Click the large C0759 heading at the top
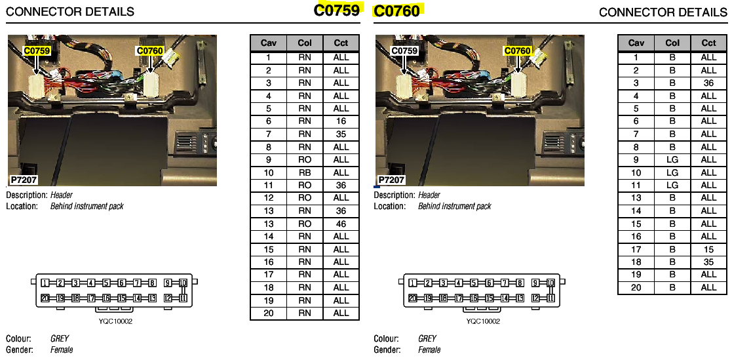coord(337,10)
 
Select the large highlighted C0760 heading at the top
coord(397,10)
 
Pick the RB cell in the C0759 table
coord(304,172)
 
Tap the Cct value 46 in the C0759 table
coord(341,224)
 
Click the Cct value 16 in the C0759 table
coord(341,121)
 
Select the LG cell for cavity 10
coord(672,172)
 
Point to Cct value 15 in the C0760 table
coord(708,249)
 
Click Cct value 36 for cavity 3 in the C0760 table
coord(708,83)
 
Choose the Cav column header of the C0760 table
coord(636,43)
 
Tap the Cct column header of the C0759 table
coord(341,43)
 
